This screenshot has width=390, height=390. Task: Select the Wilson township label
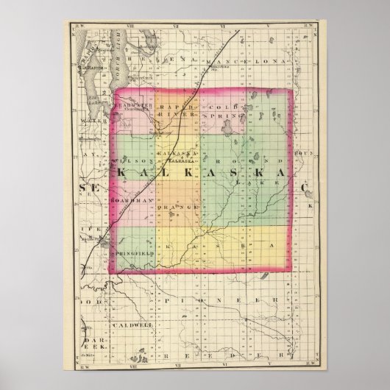pyautogui.click(x=132, y=160)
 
